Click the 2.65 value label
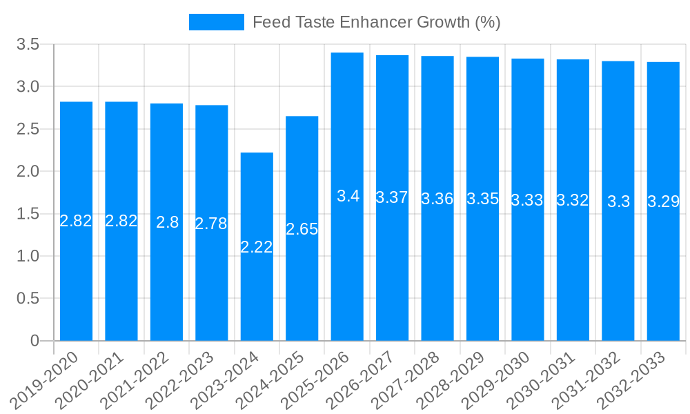(x=302, y=230)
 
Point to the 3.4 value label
(x=348, y=196)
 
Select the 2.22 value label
(x=257, y=247)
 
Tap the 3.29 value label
(x=663, y=202)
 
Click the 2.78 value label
(x=211, y=224)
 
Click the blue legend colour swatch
(x=216, y=22)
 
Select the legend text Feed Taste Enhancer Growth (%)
(x=376, y=22)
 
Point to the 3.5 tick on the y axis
(x=28, y=45)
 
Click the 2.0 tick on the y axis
(x=28, y=171)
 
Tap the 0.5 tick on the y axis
(x=28, y=299)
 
